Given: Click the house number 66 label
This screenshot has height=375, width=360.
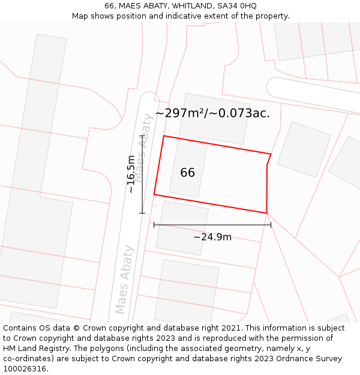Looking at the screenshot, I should (x=187, y=173).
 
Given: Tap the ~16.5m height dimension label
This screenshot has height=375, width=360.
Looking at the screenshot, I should (x=131, y=174).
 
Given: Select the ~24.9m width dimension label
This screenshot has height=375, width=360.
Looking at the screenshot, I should (x=212, y=237).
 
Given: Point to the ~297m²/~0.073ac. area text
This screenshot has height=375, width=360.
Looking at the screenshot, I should (x=212, y=113).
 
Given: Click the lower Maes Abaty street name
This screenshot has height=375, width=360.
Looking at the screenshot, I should (x=124, y=280).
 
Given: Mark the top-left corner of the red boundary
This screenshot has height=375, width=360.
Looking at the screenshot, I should (x=164, y=136).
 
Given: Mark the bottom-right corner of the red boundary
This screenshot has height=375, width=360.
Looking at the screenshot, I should (x=266, y=213).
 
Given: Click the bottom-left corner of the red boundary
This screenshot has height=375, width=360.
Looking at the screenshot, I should (x=154, y=194).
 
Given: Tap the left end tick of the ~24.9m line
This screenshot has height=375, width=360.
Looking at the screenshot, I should (x=154, y=225).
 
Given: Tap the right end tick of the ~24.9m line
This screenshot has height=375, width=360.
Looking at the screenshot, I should (x=271, y=225).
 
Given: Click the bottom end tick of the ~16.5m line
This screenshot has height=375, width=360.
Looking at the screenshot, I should (x=142, y=212).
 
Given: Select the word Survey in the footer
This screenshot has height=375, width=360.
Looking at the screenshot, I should (x=328, y=359).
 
